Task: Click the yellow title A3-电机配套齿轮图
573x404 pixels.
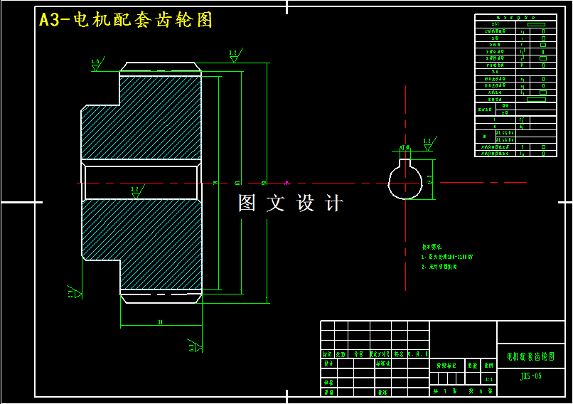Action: (126, 20)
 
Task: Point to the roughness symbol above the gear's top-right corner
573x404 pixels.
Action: (234, 55)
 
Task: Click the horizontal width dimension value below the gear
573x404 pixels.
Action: (161, 322)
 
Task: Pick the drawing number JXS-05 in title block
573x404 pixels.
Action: (530, 376)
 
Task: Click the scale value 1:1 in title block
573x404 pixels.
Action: (488, 380)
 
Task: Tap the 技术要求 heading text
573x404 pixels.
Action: (432, 247)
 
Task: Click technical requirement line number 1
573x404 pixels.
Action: (448, 257)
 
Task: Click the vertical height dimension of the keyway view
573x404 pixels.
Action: (430, 180)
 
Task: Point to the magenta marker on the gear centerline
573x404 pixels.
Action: (287, 183)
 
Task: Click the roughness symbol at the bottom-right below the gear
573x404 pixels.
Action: (194, 346)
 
